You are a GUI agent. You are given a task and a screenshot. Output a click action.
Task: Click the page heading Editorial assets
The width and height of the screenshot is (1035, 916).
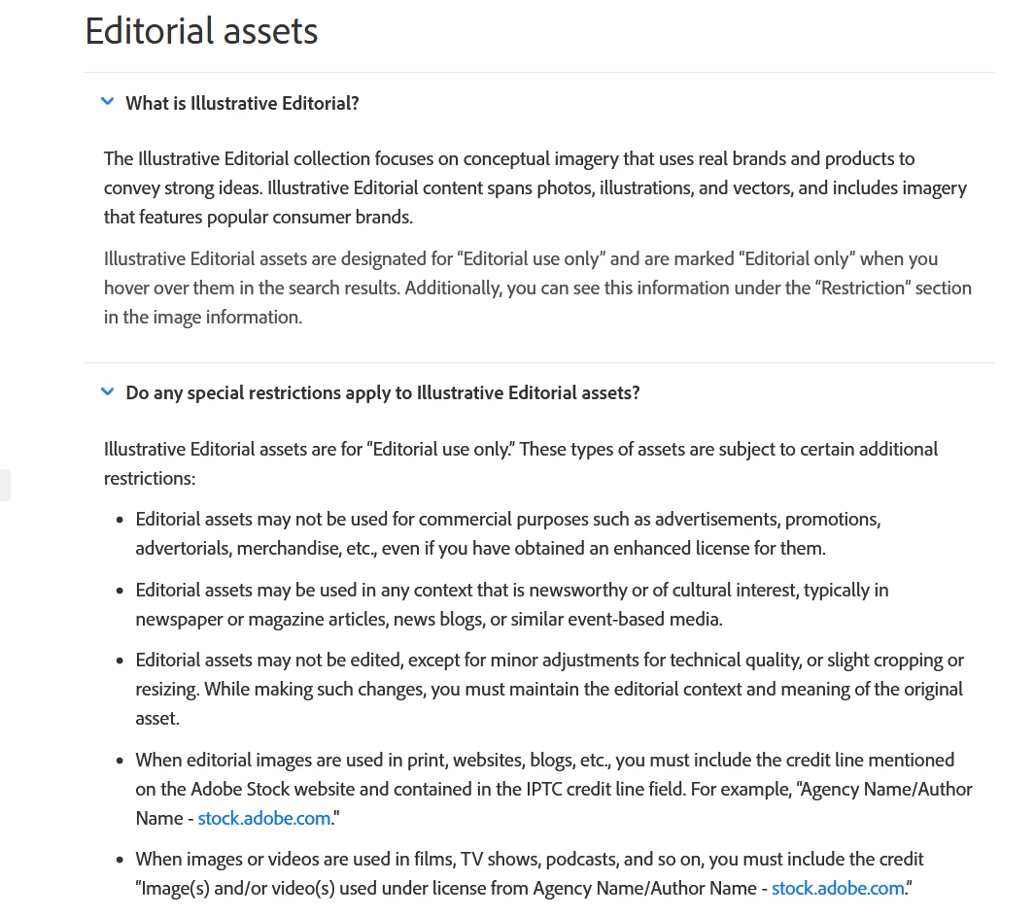click(x=201, y=31)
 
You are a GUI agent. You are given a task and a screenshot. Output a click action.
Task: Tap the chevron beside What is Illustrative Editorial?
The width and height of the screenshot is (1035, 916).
click(x=108, y=101)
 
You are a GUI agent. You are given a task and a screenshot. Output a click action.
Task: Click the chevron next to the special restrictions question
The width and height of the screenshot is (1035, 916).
click(x=108, y=391)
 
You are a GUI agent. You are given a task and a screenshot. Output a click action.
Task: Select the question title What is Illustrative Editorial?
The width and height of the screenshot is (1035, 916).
click(x=242, y=103)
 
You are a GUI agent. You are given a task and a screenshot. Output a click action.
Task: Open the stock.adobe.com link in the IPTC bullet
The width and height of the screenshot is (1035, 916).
click(x=264, y=818)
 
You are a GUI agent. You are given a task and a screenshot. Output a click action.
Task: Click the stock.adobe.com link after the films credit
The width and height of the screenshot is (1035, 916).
click(x=838, y=888)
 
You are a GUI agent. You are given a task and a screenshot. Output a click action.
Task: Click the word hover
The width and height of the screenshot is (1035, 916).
click(x=129, y=288)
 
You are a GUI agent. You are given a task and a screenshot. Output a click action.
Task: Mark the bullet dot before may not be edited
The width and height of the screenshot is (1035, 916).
click(x=119, y=661)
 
